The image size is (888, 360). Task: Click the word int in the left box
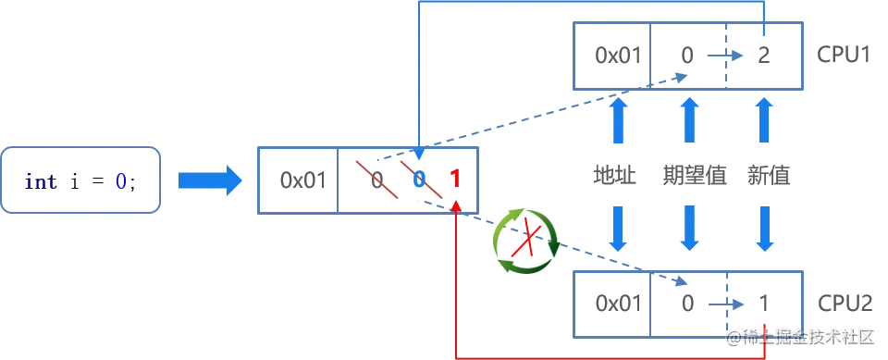tap(42, 181)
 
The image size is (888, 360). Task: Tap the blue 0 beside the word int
tap(119, 181)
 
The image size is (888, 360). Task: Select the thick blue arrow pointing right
tap(208, 180)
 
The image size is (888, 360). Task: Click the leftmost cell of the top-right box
tap(611, 56)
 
